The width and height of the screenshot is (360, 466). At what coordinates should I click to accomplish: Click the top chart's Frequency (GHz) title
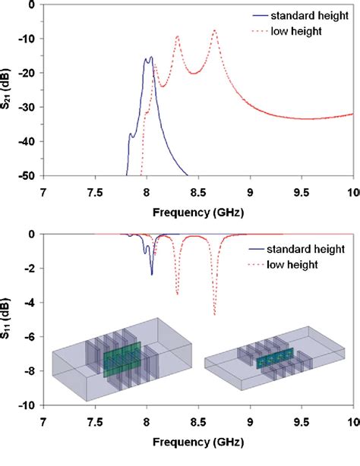[x=198, y=209]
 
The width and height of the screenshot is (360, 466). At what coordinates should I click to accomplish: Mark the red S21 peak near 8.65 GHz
[x=214, y=30]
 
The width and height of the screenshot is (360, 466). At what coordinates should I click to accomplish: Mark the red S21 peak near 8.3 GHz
[x=178, y=36]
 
